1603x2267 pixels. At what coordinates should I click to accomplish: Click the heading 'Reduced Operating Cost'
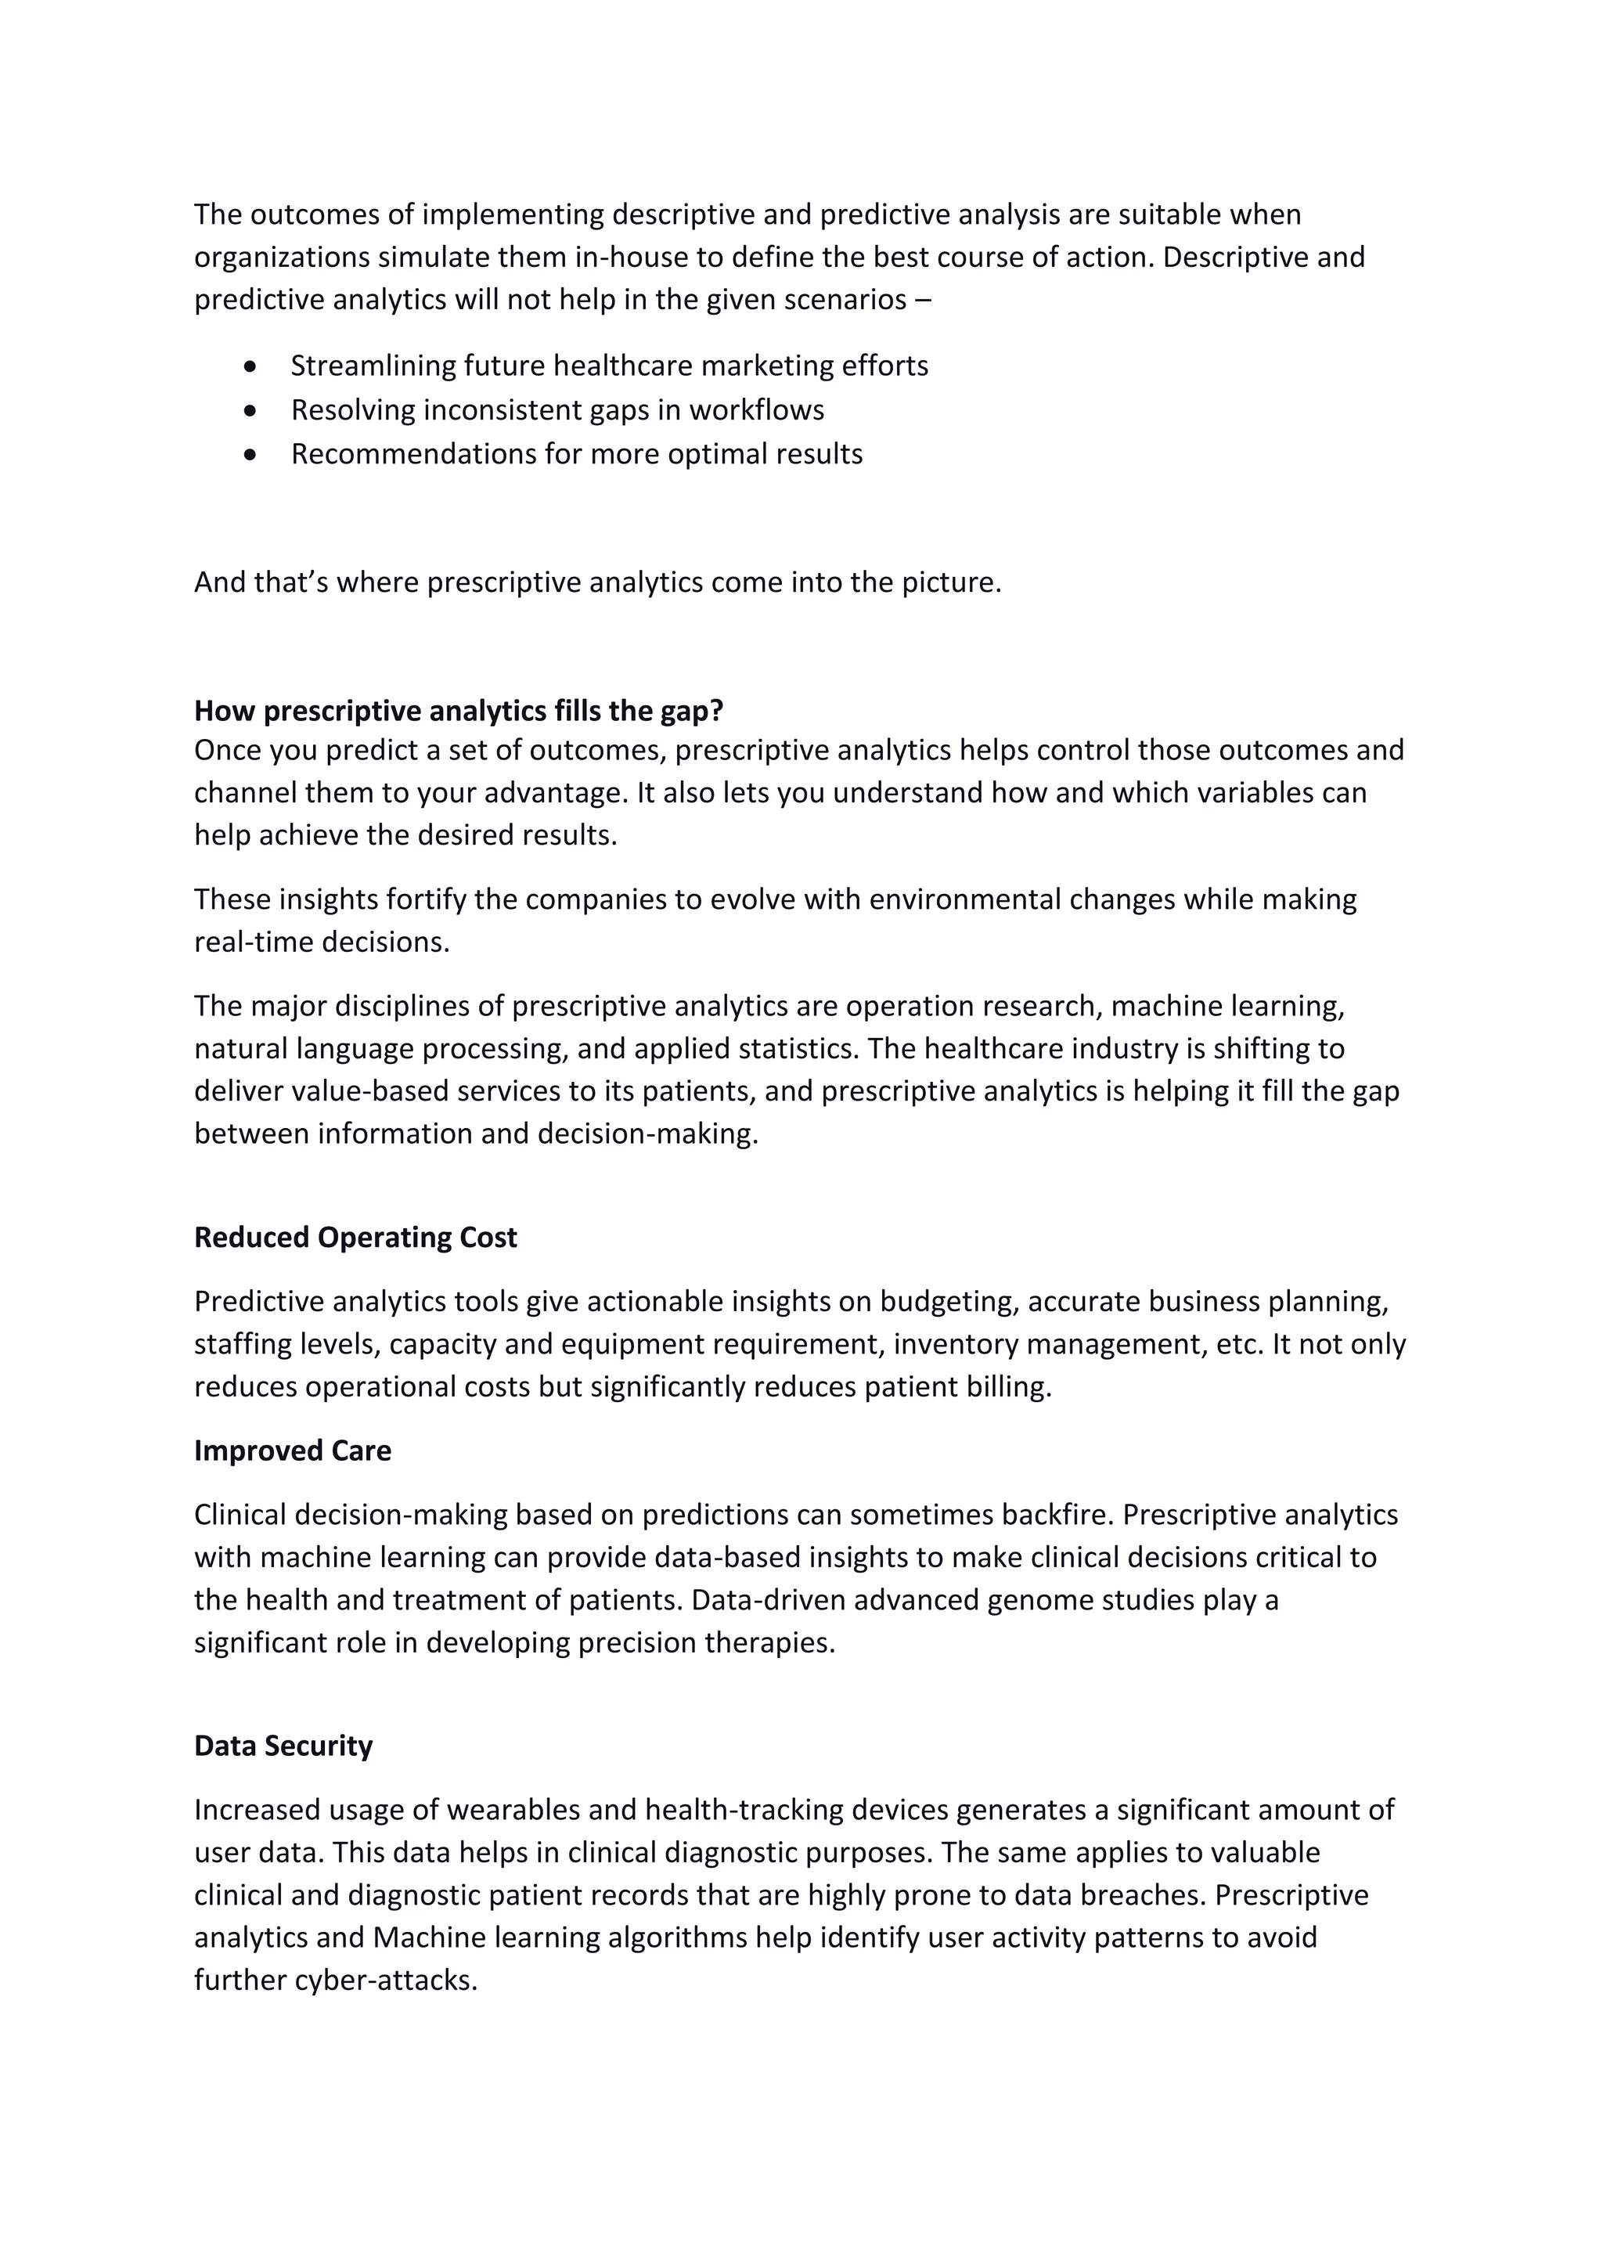(355, 1237)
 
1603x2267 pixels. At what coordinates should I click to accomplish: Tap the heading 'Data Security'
(283, 1746)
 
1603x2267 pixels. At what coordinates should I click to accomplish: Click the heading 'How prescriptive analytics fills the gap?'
(459, 710)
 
